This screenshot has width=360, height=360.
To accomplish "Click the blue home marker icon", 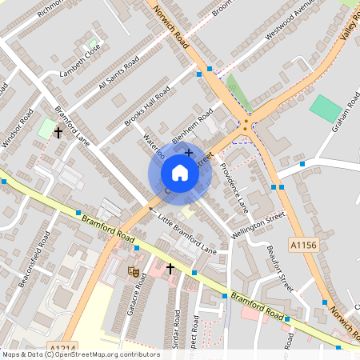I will point(180,173).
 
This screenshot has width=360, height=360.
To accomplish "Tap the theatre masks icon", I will point(134,271).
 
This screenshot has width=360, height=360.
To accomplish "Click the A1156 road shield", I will point(304,246).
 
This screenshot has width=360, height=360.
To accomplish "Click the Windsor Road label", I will point(18,128).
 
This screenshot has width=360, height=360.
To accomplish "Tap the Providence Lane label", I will point(234,187).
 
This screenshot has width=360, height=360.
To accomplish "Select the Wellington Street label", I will point(258,225).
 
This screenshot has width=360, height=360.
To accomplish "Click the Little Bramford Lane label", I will point(187,234).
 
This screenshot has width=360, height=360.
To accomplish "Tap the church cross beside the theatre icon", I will point(170,270).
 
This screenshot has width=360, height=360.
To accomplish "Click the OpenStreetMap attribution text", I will point(80,354).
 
